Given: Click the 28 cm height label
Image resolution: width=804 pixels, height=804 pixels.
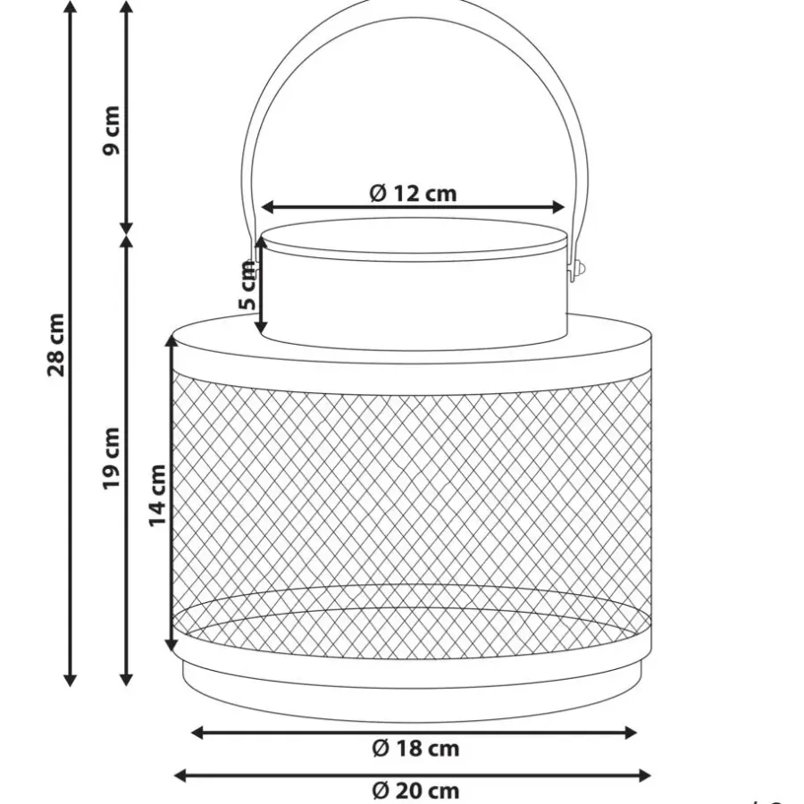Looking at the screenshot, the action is click(x=56, y=345).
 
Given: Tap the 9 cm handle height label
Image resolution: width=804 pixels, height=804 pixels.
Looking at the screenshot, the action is click(x=112, y=130).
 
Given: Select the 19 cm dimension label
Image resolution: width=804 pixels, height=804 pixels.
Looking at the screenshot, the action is click(x=112, y=458).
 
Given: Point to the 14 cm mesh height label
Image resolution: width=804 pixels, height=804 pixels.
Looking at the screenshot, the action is click(x=157, y=495).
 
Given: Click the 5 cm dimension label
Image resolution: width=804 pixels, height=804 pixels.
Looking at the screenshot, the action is click(x=247, y=285).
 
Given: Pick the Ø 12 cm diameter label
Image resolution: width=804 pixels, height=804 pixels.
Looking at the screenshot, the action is click(x=413, y=193).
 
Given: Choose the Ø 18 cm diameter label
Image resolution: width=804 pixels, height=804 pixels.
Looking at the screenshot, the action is click(x=415, y=748).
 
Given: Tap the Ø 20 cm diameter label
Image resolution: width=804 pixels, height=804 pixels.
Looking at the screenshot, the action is click(x=415, y=791).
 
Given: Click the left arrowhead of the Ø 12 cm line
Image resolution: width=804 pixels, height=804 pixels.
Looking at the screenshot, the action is click(x=268, y=207).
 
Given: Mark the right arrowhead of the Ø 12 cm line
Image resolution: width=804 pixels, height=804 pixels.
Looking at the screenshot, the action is click(x=558, y=207).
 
